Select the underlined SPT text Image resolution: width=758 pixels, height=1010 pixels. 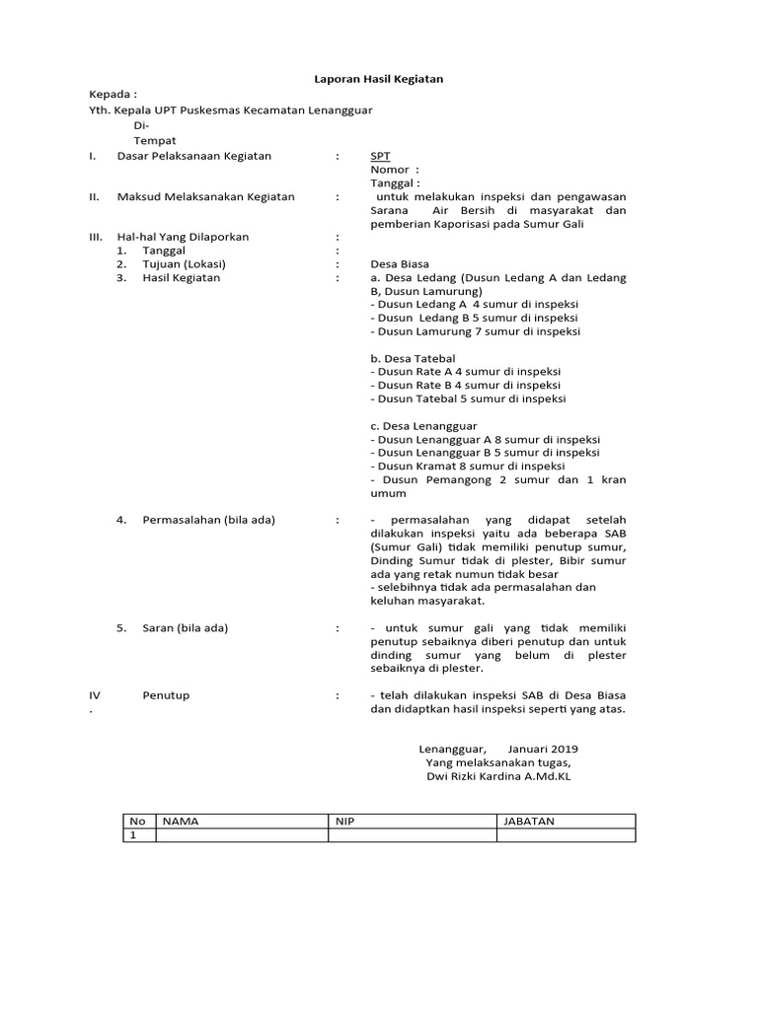(x=380, y=156)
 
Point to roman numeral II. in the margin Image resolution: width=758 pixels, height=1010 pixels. (x=94, y=197)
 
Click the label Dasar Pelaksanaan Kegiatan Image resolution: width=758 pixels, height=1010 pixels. (x=193, y=156)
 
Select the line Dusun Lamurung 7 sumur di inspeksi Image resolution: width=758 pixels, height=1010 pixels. (x=475, y=332)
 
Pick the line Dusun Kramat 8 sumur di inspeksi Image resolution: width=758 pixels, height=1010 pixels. (x=467, y=467)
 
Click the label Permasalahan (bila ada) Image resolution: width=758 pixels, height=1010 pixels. (x=209, y=520)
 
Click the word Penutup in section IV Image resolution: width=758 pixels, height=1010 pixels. (x=166, y=695)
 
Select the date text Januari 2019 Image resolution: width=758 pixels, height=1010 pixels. (x=544, y=749)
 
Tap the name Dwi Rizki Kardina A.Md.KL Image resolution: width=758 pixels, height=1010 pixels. (x=498, y=776)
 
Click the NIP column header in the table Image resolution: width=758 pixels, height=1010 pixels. (x=343, y=821)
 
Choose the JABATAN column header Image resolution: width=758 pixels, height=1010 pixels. (x=529, y=821)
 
